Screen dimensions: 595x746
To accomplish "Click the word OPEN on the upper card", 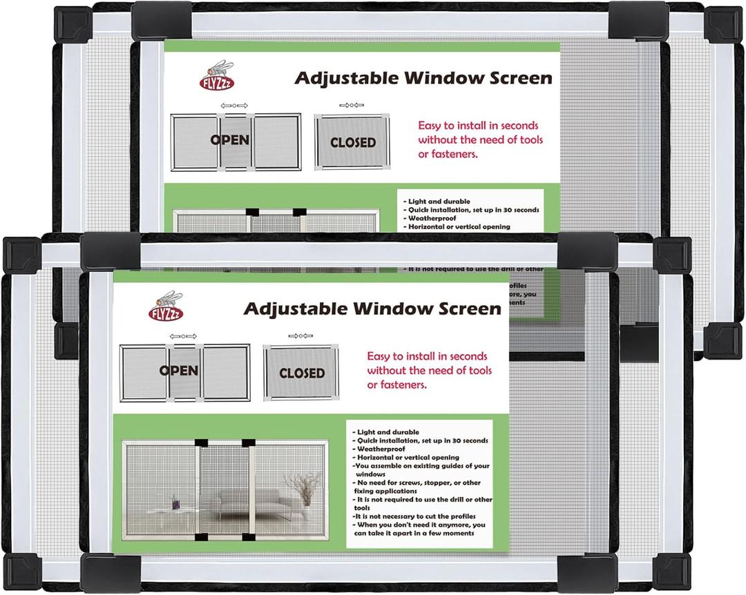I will [x=230, y=140].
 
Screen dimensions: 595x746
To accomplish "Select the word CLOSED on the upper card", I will [x=353, y=143].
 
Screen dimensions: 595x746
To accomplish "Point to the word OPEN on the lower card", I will [x=179, y=371].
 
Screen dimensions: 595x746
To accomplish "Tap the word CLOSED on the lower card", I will [x=302, y=373].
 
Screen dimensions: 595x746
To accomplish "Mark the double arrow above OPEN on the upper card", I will [x=233, y=106].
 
